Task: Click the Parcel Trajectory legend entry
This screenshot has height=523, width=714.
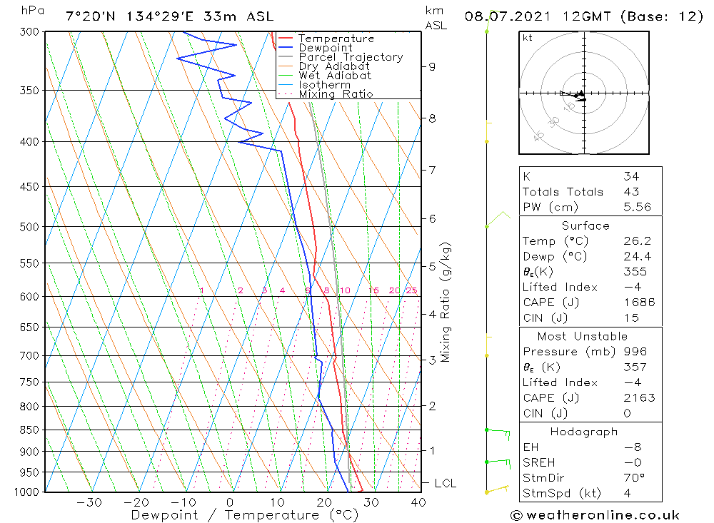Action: [x=351, y=57]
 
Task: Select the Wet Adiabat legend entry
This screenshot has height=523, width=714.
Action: [x=335, y=76]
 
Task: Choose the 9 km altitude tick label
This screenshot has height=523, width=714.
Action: [x=432, y=66]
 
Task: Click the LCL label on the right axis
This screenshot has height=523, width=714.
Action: [x=445, y=483]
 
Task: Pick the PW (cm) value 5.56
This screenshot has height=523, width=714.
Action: [x=637, y=207]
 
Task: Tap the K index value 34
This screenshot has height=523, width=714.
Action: [x=630, y=176]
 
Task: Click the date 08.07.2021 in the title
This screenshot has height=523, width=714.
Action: [x=503, y=16]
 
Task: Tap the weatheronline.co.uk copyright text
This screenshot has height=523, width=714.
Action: [x=595, y=515]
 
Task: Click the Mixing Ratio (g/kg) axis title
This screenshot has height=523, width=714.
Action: [x=446, y=302]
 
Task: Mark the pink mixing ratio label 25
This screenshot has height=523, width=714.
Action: [x=411, y=290]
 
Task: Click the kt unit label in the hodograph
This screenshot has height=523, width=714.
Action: [x=527, y=38]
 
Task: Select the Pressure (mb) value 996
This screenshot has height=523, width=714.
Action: [x=635, y=352]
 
